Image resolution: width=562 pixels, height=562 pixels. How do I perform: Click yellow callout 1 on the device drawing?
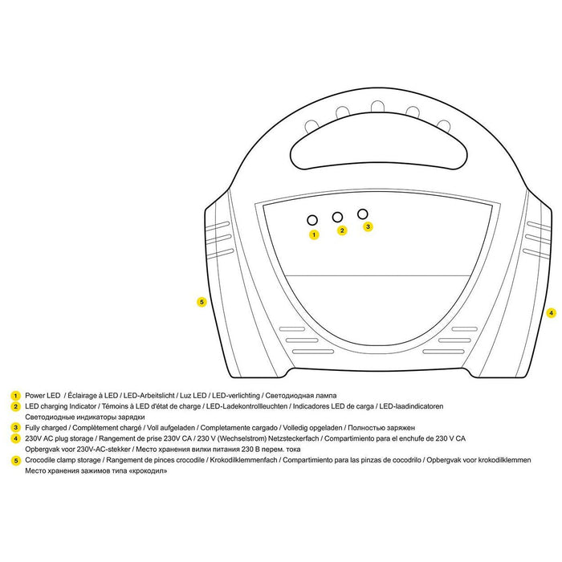[314, 234]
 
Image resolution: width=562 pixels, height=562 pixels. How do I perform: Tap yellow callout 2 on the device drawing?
[342, 230]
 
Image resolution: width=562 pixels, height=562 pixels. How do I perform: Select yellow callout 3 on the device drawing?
[368, 226]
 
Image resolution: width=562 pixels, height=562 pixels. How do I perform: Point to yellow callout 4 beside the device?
[552, 313]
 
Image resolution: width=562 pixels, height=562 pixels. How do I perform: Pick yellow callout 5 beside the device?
[202, 302]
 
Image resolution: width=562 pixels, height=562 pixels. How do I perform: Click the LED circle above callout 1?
[312, 220]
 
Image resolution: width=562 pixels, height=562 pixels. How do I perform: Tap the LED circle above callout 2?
[337, 217]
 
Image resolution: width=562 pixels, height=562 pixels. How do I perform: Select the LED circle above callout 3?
[363, 214]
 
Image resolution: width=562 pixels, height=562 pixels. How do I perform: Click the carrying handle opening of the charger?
[378, 140]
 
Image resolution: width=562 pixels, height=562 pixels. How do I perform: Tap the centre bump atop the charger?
[377, 107]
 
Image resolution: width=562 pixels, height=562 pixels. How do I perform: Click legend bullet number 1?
[15, 396]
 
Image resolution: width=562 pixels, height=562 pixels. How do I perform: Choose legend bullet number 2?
[15, 407]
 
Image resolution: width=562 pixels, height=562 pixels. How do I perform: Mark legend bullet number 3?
[15, 428]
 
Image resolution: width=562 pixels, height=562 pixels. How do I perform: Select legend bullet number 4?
[15, 438]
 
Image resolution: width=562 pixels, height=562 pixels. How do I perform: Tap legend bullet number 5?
[15, 460]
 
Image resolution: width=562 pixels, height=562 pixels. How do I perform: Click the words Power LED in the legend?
[43, 396]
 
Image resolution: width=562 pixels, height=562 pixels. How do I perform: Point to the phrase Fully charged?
[46, 428]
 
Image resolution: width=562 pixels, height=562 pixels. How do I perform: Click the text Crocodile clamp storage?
[63, 460]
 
